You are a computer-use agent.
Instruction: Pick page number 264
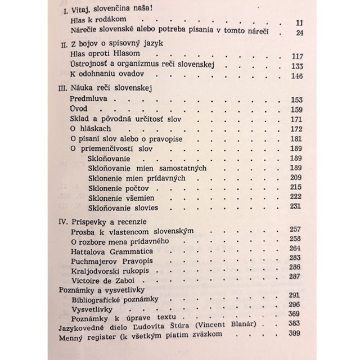(295, 248)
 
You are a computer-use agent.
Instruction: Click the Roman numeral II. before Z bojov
(63, 46)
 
